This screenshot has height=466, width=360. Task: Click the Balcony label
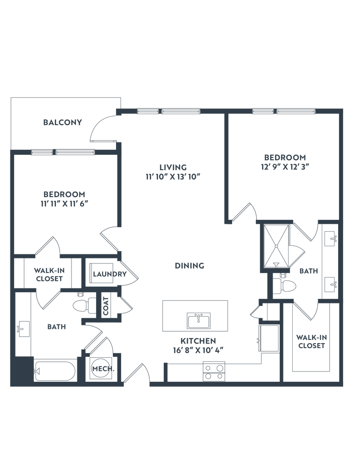[62, 122]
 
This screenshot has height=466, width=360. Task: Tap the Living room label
[173, 166]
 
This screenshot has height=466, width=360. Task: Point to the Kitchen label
[198, 340]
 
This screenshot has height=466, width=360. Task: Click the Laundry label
[109, 274]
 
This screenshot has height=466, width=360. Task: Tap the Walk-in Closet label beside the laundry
[49, 275]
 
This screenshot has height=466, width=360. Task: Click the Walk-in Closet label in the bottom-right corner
[311, 341]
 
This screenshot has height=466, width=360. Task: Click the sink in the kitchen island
[198, 319]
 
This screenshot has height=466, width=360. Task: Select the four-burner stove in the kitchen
[214, 371]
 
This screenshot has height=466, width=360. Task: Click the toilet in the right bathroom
[286, 285]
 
